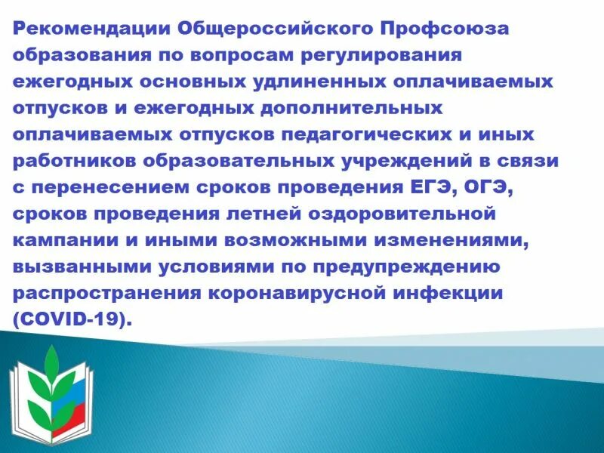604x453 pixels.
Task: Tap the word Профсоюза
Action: (x=445, y=29)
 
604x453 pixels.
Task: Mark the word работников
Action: (x=79, y=161)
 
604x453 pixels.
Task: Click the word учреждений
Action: (x=423, y=161)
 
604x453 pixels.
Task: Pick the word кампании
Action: (x=63, y=240)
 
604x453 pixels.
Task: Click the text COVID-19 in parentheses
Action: (x=72, y=319)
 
